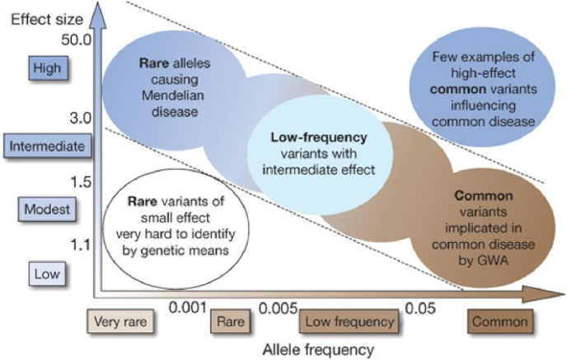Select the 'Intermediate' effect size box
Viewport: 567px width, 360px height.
(46, 147)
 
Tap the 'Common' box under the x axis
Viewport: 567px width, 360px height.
(499, 322)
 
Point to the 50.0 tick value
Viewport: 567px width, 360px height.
(73, 38)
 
